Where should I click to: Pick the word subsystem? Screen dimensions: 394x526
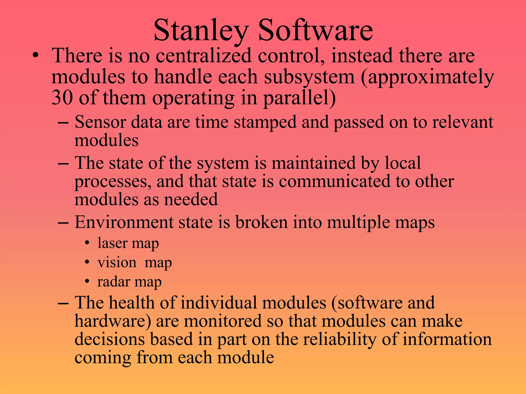point(309,77)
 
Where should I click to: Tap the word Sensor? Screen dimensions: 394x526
point(100,122)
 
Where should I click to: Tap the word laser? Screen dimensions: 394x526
point(112,243)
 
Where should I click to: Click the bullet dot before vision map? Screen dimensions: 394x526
point(88,262)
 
